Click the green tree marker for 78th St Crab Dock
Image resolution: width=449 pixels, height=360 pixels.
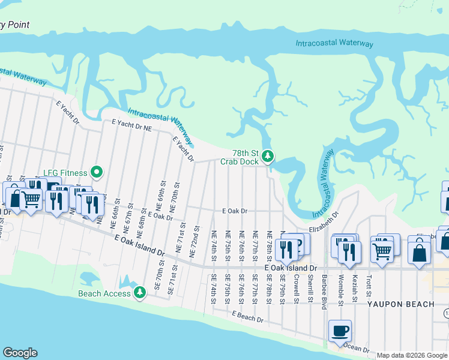tap(268, 157)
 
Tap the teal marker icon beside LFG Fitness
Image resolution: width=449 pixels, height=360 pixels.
tap(96, 173)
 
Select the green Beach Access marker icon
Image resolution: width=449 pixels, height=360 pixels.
tap(140, 293)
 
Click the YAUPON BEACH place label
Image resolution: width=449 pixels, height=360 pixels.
tap(401, 304)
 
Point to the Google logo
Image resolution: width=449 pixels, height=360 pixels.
tap(20, 353)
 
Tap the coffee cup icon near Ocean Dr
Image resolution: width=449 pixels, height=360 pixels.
tap(340, 331)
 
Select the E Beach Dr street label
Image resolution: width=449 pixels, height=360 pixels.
tap(247, 317)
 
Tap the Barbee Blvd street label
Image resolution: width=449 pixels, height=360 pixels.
tap(324, 292)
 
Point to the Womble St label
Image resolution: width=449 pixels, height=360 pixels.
tap(340, 289)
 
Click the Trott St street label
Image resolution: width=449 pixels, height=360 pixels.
tap(370, 286)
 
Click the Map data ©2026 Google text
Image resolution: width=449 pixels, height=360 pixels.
tap(412, 355)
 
